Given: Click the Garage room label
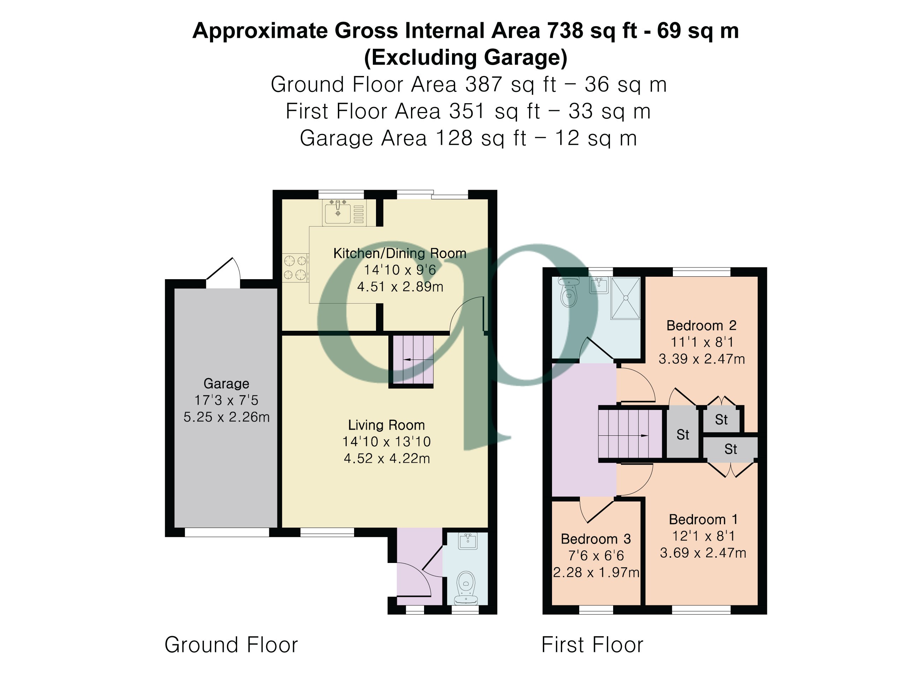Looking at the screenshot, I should click(x=226, y=383).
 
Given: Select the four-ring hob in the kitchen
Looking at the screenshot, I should click(x=295, y=268).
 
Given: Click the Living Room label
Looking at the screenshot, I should click(x=386, y=425).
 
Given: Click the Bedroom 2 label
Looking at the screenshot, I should click(x=701, y=325).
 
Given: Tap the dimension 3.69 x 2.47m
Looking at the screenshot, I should click(x=703, y=552).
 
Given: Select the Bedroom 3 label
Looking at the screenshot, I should click(x=595, y=539).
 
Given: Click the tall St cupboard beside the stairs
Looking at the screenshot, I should click(x=682, y=434).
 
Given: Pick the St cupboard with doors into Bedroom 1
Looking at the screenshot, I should click(x=730, y=449).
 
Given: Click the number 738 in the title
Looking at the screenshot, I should click(x=565, y=31).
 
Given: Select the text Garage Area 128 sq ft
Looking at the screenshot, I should click(x=412, y=138).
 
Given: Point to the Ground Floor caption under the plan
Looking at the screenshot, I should click(x=231, y=645).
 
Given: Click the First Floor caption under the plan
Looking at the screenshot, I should click(x=592, y=645).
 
